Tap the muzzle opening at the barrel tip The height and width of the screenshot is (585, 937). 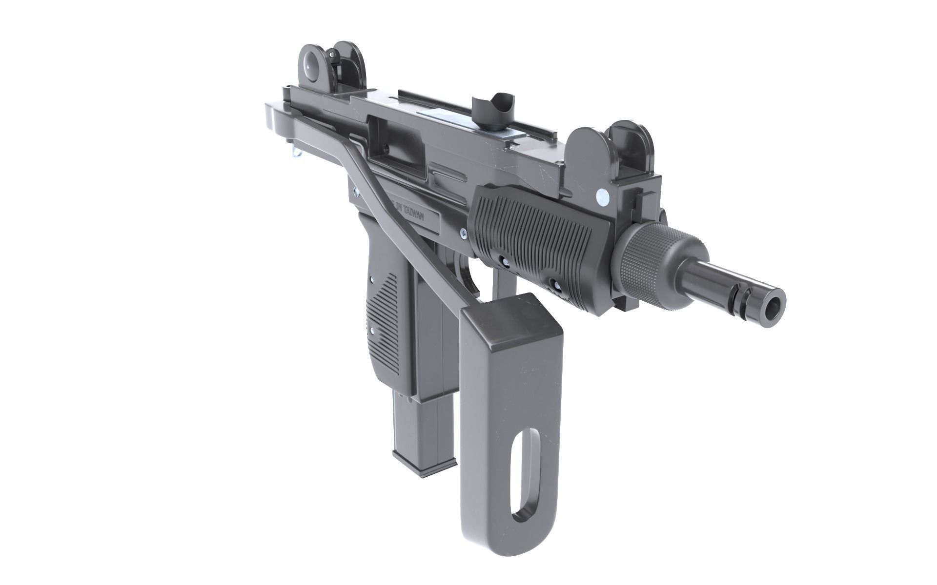(772, 309)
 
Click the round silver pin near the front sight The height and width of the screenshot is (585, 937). (603, 196)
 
